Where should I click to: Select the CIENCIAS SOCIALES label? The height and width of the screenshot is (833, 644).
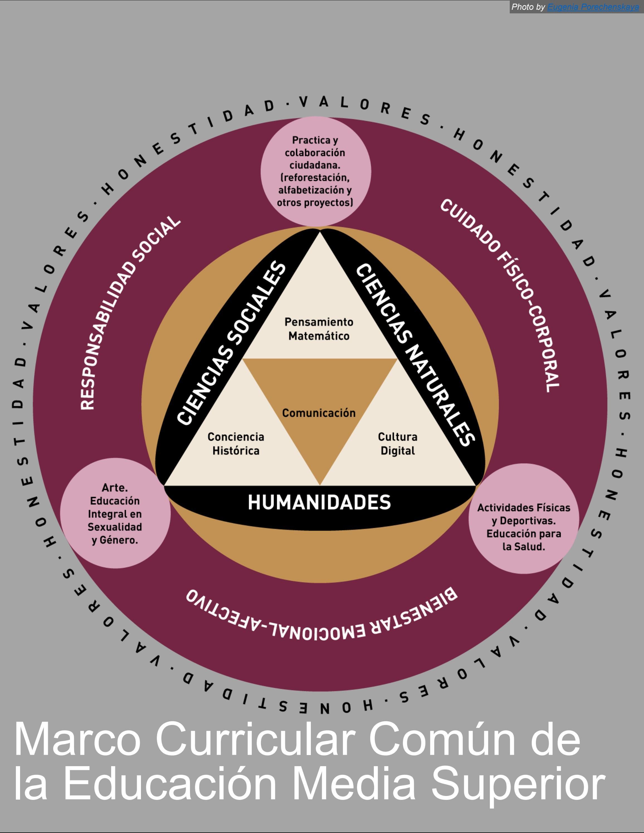point(231,343)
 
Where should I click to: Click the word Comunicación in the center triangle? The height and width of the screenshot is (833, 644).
point(319,413)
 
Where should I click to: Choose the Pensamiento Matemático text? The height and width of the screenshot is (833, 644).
point(319,329)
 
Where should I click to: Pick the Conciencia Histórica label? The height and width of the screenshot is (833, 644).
point(236,444)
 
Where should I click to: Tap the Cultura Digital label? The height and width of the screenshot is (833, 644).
point(397,444)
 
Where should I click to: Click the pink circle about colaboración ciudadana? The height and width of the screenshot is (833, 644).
point(316,171)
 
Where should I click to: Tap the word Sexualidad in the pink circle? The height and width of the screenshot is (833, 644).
point(115,527)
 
